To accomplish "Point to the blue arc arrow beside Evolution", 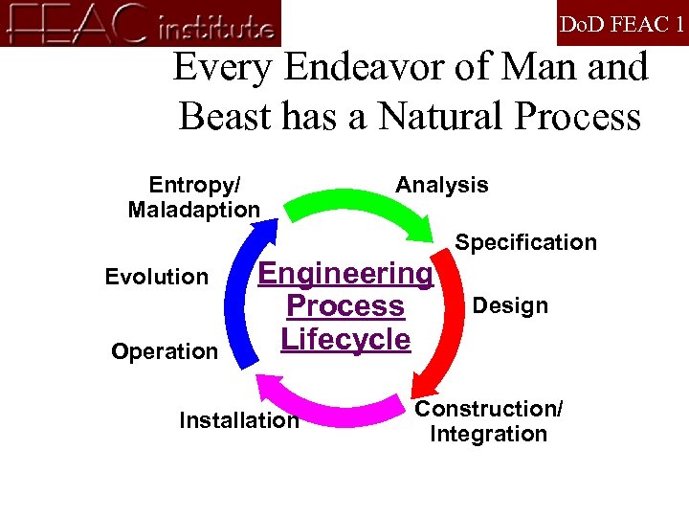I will [240, 287].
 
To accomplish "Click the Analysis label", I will [441, 185].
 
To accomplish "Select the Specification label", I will [525, 242].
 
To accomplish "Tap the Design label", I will [511, 305].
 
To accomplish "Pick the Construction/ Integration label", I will [489, 421].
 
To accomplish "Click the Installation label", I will [239, 419].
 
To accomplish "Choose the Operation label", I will [165, 351].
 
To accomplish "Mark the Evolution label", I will [156, 277].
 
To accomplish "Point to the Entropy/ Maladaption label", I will [194, 196].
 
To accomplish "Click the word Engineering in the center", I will [345, 273].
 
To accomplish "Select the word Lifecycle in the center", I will [345, 339].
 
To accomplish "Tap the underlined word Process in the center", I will [345, 306].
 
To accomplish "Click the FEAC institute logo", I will [141, 23].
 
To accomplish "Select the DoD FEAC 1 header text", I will [621, 24].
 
